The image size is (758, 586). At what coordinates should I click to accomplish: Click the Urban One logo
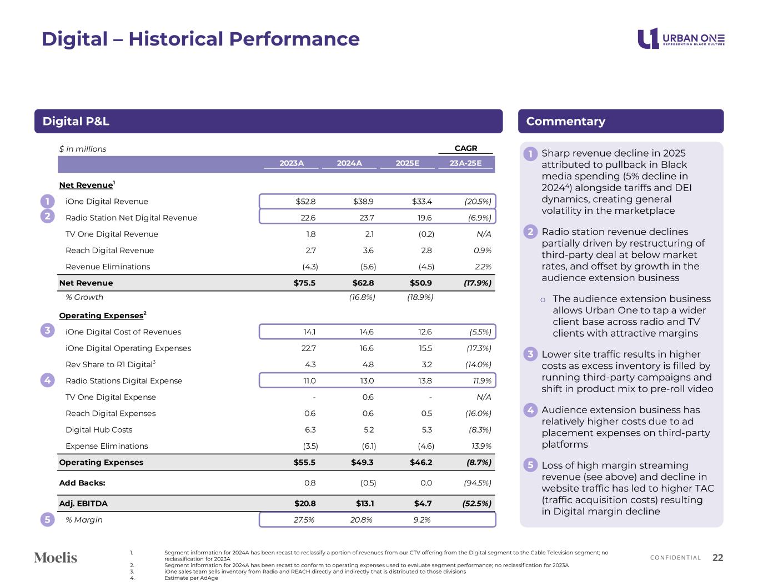pos(681,39)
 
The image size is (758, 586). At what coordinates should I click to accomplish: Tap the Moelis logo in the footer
pos(56,558)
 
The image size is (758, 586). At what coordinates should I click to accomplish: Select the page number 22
pos(717,558)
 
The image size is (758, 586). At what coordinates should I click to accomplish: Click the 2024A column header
pos(349,163)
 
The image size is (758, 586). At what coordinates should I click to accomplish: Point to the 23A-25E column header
pos(465,163)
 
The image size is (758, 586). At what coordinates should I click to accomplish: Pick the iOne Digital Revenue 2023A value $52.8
pos(306,202)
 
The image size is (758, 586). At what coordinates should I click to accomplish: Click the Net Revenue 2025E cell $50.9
pos(420,283)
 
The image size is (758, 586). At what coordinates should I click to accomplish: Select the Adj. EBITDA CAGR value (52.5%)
pos(477,504)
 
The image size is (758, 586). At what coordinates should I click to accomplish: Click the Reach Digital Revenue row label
pos(109,251)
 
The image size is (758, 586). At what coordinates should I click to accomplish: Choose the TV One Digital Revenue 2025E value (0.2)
pos(426,234)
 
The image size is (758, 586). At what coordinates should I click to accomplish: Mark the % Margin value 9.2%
pos(421,520)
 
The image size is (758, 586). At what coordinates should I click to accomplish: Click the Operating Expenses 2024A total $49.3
pos(363,463)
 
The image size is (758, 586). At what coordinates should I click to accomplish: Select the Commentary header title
pos(565,122)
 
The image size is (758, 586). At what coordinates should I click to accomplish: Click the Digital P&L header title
pos(76,122)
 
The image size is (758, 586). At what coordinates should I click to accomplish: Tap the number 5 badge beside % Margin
pos(48,520)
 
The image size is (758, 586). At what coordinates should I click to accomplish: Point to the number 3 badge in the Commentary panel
pos(530,354)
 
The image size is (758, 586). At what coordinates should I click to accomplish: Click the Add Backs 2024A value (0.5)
pos(368,483)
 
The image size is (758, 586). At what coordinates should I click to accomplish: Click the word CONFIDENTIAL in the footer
pos(675,558)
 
